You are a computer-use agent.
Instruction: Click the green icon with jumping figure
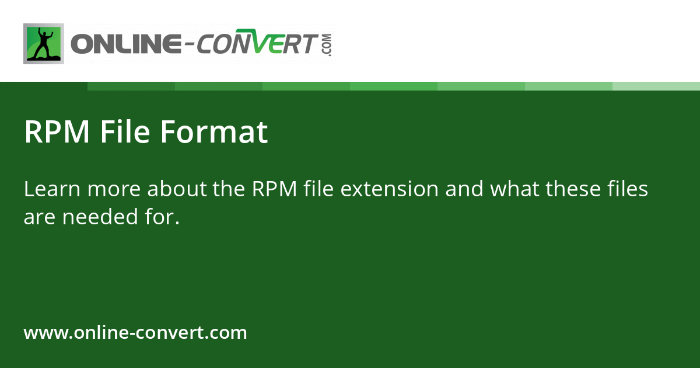coord(44,44)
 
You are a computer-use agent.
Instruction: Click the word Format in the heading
coord(213,132)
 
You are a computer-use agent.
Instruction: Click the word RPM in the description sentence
coord(274,189)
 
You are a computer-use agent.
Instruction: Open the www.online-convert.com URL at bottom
coord(135,333)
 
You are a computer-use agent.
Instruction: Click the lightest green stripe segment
coord(656,86)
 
